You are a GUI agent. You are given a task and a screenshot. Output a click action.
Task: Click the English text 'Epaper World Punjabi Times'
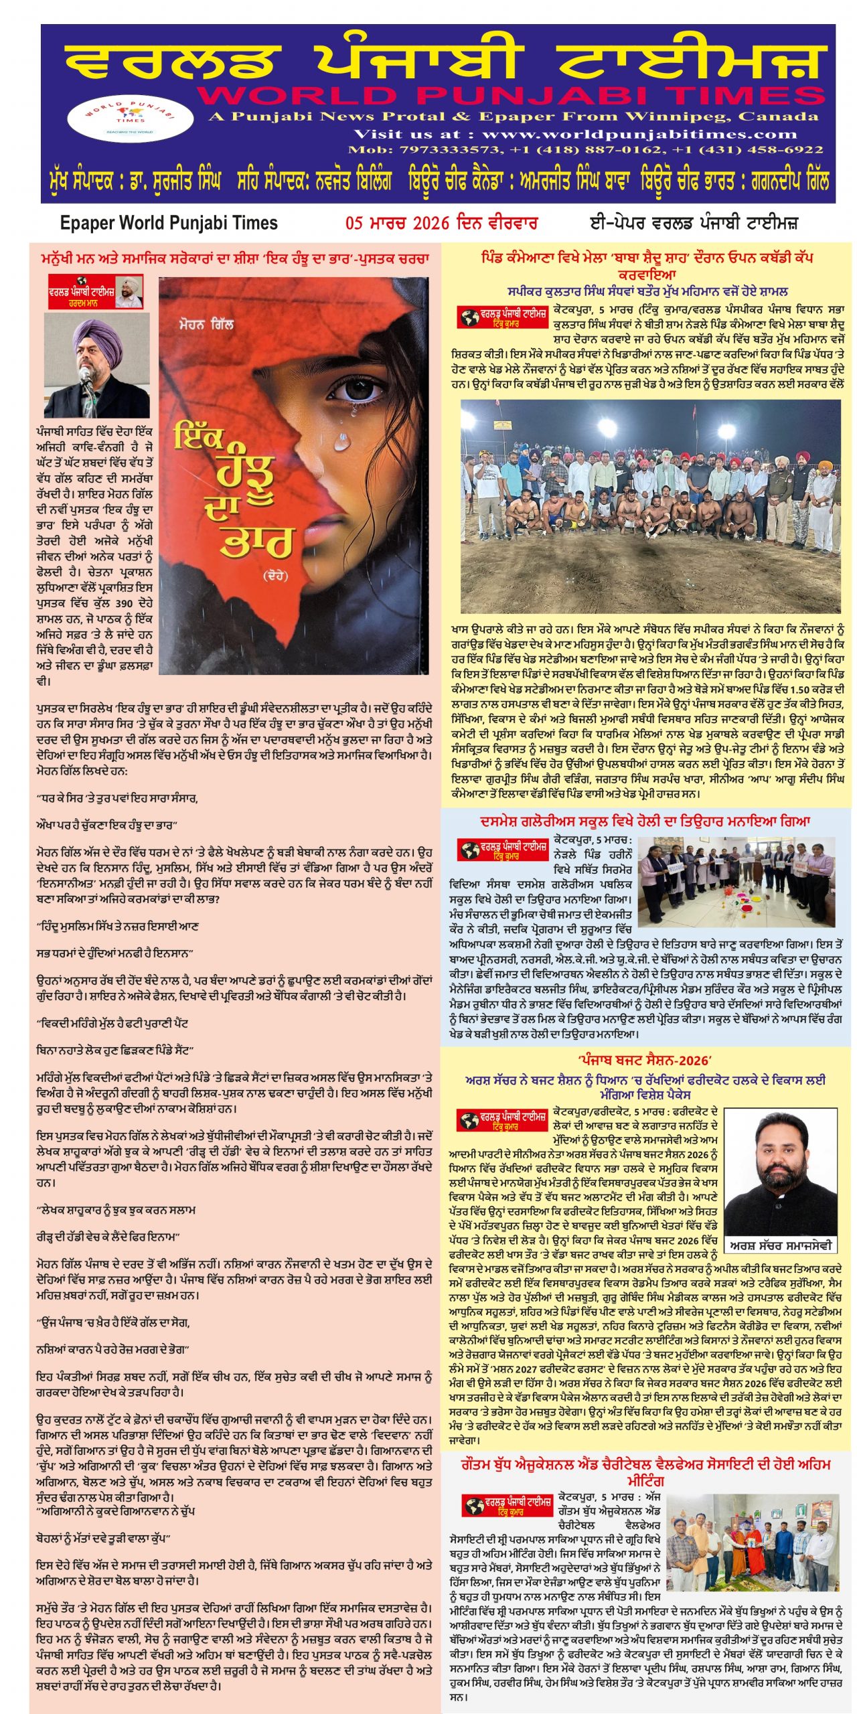coord(169,224)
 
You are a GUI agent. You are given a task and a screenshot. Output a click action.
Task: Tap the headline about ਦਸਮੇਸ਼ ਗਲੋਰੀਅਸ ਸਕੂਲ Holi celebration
coord(645,821)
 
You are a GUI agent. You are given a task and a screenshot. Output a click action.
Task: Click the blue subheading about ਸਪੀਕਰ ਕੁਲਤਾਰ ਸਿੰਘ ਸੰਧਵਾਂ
coord(647,292)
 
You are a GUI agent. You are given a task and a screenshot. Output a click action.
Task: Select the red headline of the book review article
coord(235,258)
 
